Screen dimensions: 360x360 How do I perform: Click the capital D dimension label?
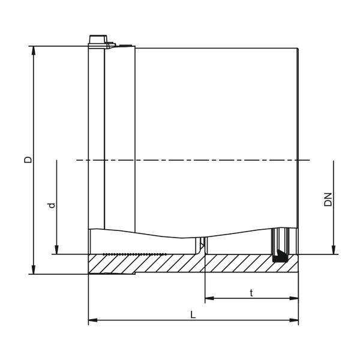click(27, 160)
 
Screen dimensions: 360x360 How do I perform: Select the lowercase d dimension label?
click(52, 205)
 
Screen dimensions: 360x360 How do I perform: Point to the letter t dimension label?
click(251, 292)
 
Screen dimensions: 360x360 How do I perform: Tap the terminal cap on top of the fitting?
click(97, 41)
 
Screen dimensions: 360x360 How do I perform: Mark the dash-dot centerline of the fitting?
click(192, 160)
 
